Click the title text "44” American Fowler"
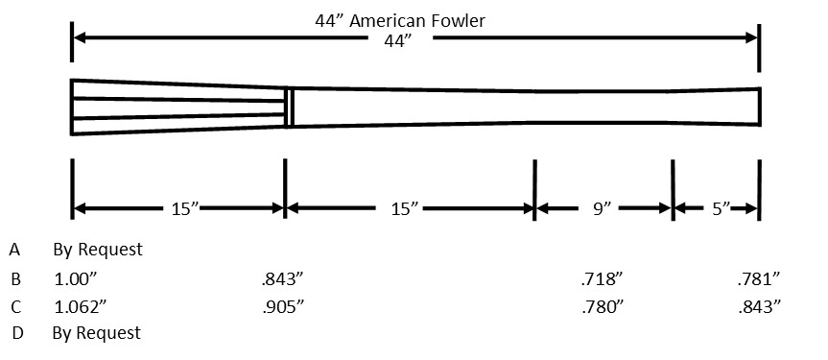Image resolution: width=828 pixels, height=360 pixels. pyautogui.click(x=400, y=20)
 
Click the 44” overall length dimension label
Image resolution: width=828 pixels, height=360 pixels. pyautogui.click(x=397, y=41)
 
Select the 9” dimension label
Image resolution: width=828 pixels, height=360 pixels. pyautogui.click(x=602, y=209)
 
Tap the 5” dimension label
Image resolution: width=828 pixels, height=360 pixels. pyautogui.click(x=721, y=209)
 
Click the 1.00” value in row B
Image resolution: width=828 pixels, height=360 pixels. pyautogui.click(x=76, y=279)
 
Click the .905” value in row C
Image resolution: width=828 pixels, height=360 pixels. pyautogui.click(x=283, y=306)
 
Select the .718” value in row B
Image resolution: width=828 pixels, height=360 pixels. pyautogui.click(x=602, y=279)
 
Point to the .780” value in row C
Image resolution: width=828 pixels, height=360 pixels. pyautogui.click(x=602, y=306)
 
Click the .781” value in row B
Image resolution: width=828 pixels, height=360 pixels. pyautogui.click(x=759, y=279)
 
